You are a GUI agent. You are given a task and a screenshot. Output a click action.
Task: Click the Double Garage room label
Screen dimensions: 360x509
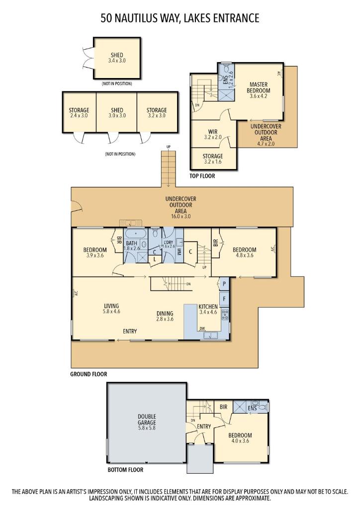pyautogui.click(x=147, y=420)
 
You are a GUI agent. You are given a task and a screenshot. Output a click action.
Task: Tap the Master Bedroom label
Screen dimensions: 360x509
pyautogui.click(x=259, y=87)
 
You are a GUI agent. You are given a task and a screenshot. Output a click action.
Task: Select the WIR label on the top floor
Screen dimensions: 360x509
pyautogui.click(x=213, y=132)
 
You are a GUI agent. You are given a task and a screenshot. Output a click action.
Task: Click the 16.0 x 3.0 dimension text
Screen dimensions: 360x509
pyautogui.click(x=181, y=216)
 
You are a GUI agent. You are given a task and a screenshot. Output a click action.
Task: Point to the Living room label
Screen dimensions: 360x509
pyautogui.click(x=111, y=306)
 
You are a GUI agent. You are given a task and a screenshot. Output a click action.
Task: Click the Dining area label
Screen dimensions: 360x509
pyautogui.click(x=165, y=313)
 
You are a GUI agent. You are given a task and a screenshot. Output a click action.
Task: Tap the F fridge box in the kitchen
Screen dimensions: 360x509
pyautogui.click(x=224, y=299)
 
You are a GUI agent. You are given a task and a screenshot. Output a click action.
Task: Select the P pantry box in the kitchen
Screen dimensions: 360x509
pyautogui.click(x=224, y=283)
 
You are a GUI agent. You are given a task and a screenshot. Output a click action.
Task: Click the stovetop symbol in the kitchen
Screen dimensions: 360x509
pyautogui.click(x=225, y=314)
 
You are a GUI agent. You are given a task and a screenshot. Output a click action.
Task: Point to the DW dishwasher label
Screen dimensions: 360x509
pyautogui.click(x=202, y=328)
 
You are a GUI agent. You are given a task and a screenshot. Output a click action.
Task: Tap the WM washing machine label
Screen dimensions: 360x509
pyautogui.click(x=179, y=252)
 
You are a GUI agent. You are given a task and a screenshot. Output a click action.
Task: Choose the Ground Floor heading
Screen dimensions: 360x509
pyautogui.click(x=89, y=374)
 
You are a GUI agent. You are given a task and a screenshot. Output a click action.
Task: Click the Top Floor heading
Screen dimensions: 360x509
pyautogui.click(x=202, y=176)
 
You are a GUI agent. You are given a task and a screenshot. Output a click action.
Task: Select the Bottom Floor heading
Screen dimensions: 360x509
pyautogui.click(x=125, y=469)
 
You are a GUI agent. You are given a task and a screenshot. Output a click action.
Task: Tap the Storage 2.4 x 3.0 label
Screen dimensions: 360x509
pyautogui.click(x=79, y=113)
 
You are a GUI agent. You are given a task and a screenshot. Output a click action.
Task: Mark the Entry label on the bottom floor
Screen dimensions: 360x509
pyautogui.click(x=204, y=426)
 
